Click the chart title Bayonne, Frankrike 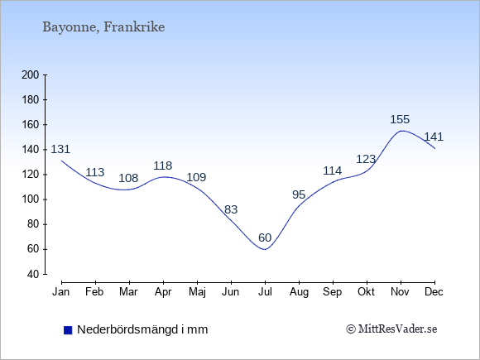coord(103,27)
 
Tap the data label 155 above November coord(400,119)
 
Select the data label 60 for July coord(265,238)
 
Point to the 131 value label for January coord(60,150)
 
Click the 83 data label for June coord(231,209)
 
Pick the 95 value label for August coord(299,194)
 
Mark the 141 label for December coord(434,137)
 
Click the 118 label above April coord(163,166)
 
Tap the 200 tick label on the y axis coord(31,75)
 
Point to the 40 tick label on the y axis coord(33,274)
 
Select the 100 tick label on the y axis coord(31,199)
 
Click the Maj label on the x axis coord(197,292)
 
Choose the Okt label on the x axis coord(366,292)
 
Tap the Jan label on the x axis coord(61,292)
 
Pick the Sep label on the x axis coord(333,292)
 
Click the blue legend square coord(68,330)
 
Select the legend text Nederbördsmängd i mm coord(142,329)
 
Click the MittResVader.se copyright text coord(391,329)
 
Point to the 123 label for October coord(366,159)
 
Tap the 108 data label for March coord(128,178)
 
